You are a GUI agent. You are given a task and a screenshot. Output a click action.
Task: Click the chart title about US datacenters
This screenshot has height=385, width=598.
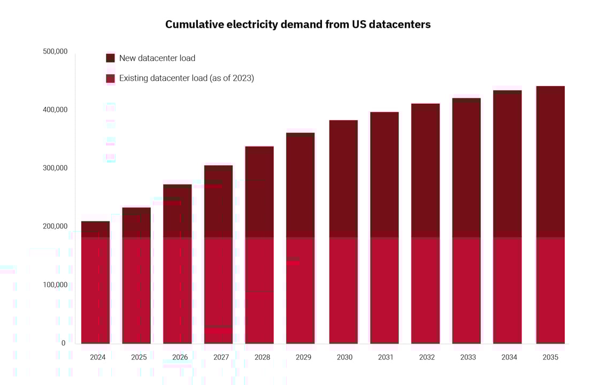pos(298,25)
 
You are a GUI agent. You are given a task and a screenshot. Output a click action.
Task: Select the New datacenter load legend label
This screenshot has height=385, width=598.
pos(157,58)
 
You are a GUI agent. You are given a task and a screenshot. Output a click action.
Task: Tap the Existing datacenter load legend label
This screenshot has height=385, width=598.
pos(186,79)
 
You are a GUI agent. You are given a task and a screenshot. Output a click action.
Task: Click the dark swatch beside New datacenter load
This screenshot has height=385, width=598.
pos(110,58)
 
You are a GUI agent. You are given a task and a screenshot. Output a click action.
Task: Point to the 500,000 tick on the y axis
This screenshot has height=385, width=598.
pos(55,52)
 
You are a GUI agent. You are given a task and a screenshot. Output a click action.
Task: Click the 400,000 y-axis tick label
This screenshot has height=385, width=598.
pos(55,110)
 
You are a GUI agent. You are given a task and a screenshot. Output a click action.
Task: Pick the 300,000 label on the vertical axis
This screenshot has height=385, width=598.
pos(55,168)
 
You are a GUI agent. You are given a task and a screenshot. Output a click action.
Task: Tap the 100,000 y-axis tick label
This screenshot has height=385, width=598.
pos(55,285)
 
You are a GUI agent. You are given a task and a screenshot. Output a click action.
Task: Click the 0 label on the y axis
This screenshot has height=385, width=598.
pos(63,343)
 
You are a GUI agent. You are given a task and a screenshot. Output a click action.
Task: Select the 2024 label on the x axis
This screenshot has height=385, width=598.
pos(98,357)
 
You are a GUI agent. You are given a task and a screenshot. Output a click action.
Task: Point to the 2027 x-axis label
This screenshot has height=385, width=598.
pos(221,357)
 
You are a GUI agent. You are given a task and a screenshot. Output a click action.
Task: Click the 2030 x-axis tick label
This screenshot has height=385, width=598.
pos(344,357)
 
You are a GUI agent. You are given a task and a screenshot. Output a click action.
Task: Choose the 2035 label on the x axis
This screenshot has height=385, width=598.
pos(550,357)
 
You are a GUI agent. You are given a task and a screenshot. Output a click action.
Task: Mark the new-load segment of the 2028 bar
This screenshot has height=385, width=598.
pos(259,192)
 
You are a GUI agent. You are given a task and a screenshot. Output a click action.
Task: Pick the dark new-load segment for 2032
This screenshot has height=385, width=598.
pos(425,171)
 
